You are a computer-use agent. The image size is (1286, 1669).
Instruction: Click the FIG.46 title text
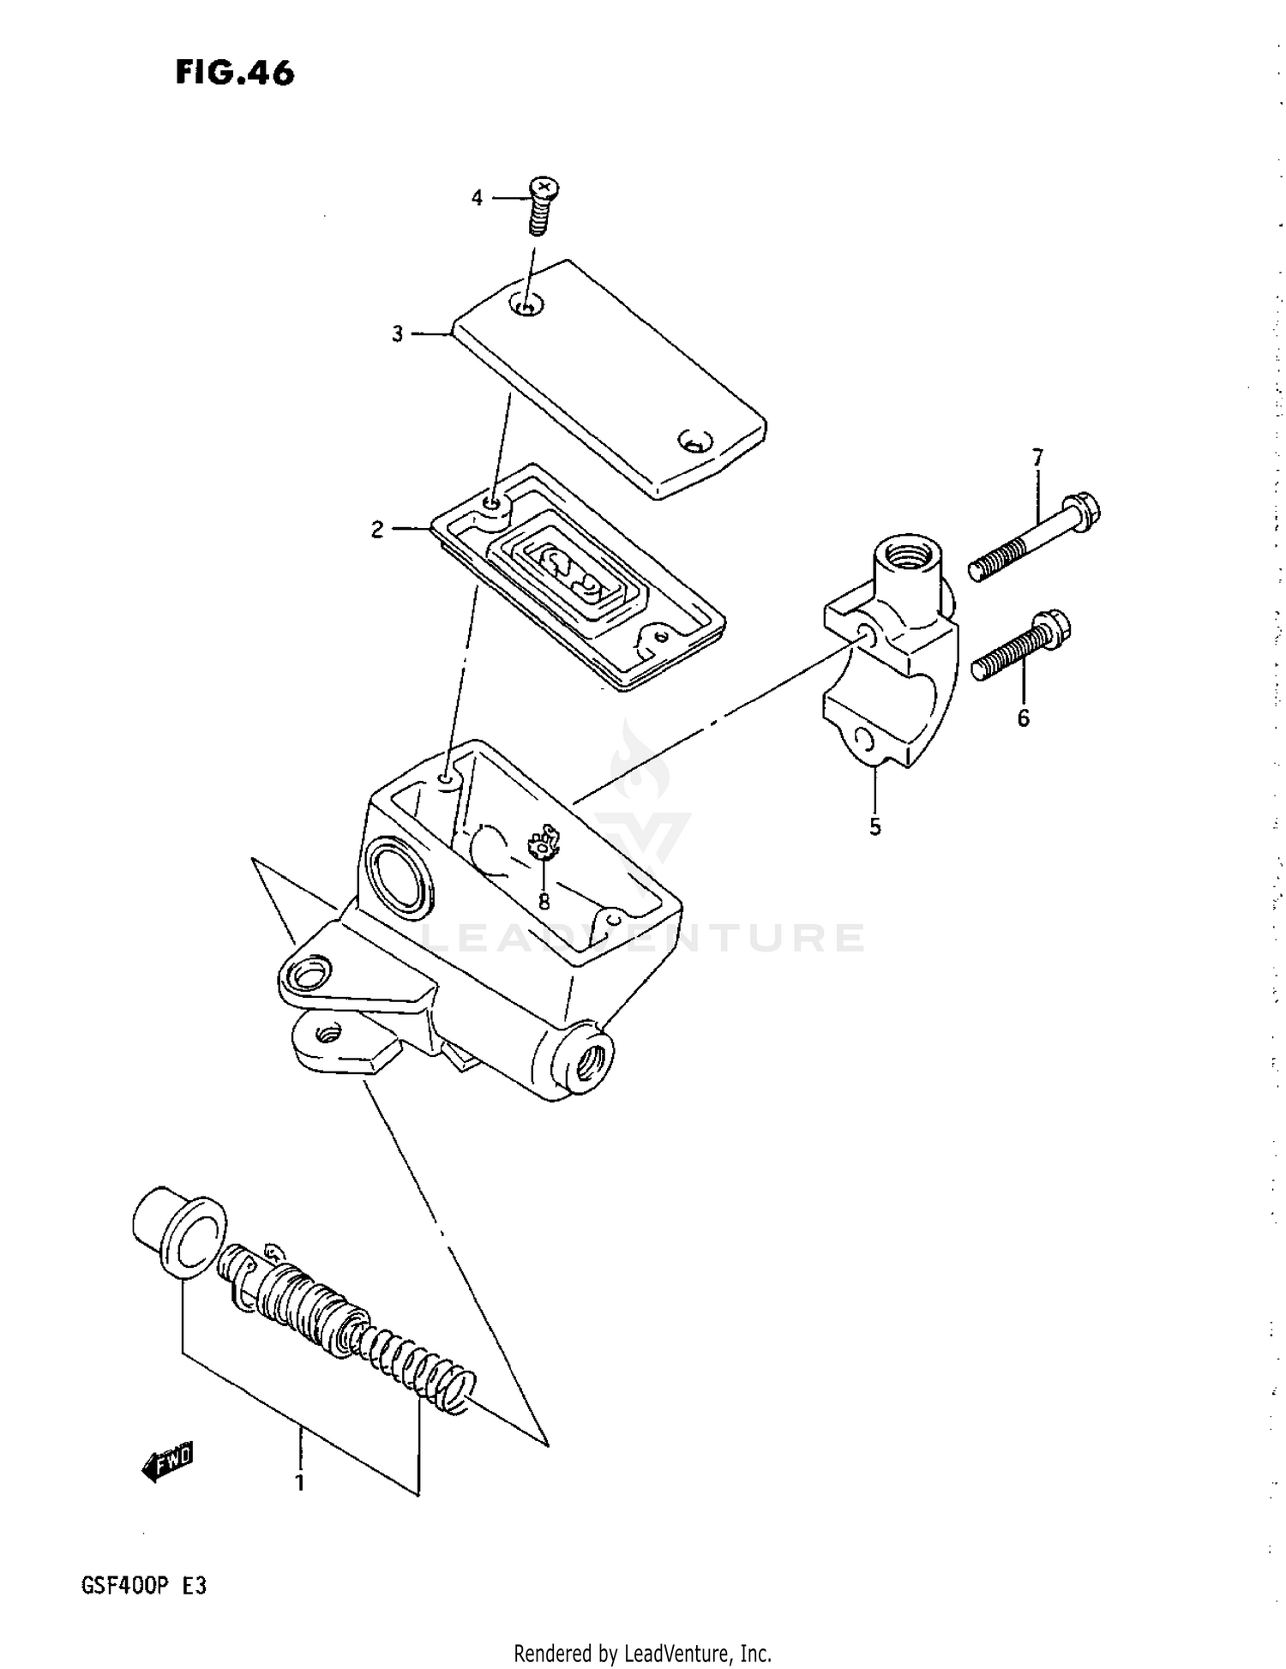click(x=234, y=74)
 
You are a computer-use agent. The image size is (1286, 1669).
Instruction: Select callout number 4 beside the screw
click(x=477, y=198)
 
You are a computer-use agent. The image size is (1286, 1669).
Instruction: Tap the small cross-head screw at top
click(x=540, y=206)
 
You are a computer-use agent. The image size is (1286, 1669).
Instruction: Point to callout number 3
click(x=397, y=334)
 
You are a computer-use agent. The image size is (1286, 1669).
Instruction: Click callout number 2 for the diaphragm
click(x=377, y=530)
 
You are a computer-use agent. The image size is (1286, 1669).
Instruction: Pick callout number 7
click(x=1037, y=457)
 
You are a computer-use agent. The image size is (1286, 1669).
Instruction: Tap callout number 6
click(x=1024, y=718)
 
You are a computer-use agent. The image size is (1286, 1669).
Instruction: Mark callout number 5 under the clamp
click(x=874, y=827)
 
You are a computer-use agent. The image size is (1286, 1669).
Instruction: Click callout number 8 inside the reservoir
click(x=544, y=901)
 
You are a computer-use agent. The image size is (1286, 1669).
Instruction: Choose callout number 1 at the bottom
click(x=300, y=1482)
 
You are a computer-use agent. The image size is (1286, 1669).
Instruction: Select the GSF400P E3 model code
click(x=143, y=1586)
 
